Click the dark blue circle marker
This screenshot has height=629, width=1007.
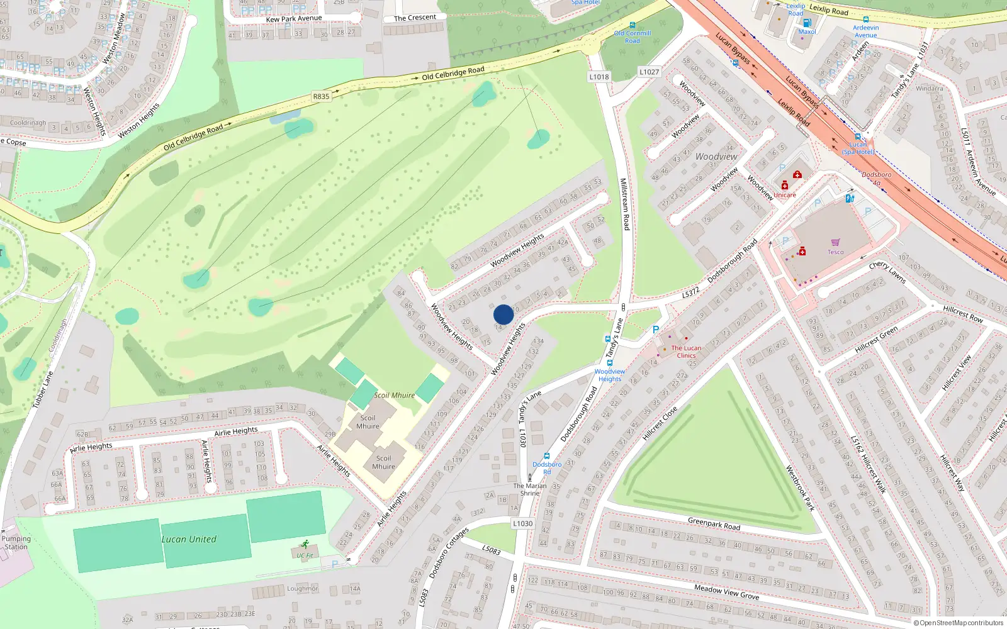point(503,314)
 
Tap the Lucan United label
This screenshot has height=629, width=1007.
point(189,539)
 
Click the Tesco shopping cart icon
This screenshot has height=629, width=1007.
point(835,242)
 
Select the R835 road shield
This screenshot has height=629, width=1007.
point(321,96)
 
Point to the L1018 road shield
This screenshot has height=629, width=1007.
point(599,77)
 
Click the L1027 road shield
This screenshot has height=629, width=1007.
point(650,72)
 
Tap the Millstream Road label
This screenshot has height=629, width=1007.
point(624,204)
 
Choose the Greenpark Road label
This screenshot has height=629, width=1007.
point(714,523)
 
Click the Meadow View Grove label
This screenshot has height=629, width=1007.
point(726,592)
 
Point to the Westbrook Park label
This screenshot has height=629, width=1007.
point(800,487)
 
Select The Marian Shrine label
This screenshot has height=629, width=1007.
point(530,489)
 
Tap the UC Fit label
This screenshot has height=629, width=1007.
point(305,555)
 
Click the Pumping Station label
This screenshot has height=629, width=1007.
point(16,543)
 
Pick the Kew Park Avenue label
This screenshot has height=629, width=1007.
point(294,19)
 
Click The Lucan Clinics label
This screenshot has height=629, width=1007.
point(686,352)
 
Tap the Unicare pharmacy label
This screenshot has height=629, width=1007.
point(785,195)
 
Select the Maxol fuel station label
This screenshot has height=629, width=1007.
point(807,31)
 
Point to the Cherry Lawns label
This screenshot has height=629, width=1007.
point(887,272)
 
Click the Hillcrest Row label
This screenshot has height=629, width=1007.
point(963,313)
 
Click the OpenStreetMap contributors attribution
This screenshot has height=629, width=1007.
point(962,623)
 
